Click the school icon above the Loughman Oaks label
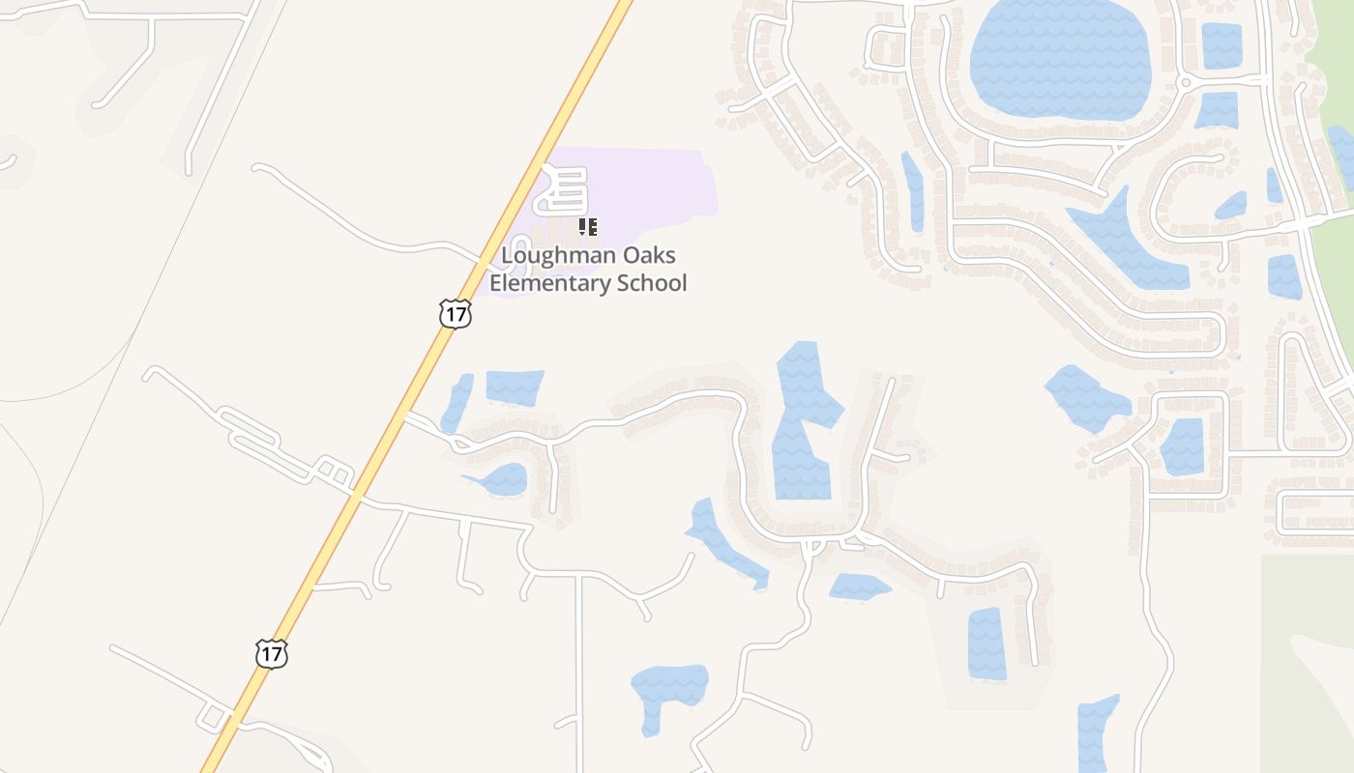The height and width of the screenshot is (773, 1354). coord(587,228)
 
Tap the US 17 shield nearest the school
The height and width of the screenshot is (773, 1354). coord(455,313)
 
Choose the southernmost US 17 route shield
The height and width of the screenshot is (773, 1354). coord(272,654)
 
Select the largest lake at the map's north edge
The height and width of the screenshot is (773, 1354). coord(1059,58)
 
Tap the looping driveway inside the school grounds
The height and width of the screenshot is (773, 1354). coord(564,189)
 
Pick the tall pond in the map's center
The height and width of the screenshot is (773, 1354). coord(803,425)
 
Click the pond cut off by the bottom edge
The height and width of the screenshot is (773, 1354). coord(1097,734)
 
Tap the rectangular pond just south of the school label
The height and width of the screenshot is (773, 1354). coord(514,386)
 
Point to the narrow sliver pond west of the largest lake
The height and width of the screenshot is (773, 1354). coord(912,190)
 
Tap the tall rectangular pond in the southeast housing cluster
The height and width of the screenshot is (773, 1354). coord(986,644)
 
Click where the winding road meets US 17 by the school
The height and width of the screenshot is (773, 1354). coord(481,261)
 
